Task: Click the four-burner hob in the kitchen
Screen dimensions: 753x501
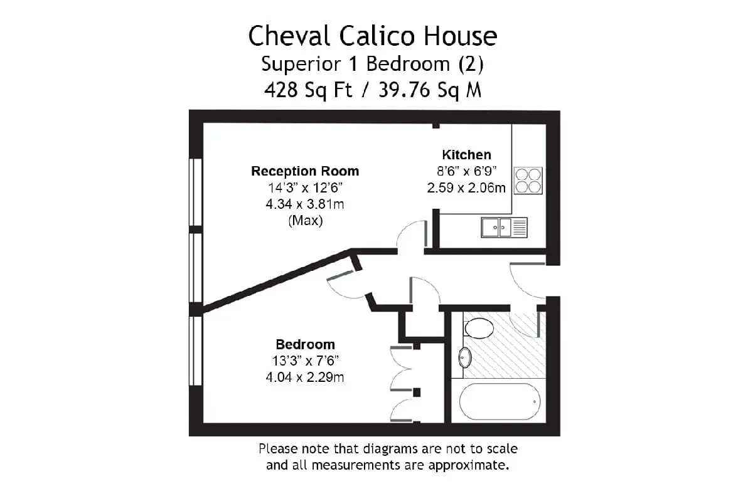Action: (528, 181)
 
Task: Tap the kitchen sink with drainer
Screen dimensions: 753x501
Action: (504, 228)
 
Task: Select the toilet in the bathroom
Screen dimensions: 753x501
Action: (479, 328)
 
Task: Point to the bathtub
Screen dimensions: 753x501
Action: (499, 401)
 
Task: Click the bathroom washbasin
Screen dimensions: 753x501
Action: (465, 357)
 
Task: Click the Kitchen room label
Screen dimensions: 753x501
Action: (467, 155)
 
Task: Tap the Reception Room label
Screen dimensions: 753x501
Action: (305, 171)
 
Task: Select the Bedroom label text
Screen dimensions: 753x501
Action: (305, 344)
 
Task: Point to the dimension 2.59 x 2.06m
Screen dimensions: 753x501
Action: (466, 188)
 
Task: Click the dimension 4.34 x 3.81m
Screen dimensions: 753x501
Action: (305, 204)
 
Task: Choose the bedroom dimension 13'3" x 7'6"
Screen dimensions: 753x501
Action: (305, 361)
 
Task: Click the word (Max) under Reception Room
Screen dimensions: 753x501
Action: (306, 221)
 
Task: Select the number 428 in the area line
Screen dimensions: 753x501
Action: (281, 90)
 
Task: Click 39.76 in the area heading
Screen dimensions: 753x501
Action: (404, 90)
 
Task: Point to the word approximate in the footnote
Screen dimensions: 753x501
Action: (469, 466)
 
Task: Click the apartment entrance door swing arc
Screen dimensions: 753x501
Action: (520, 285)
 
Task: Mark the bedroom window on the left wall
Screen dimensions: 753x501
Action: (195, 351)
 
